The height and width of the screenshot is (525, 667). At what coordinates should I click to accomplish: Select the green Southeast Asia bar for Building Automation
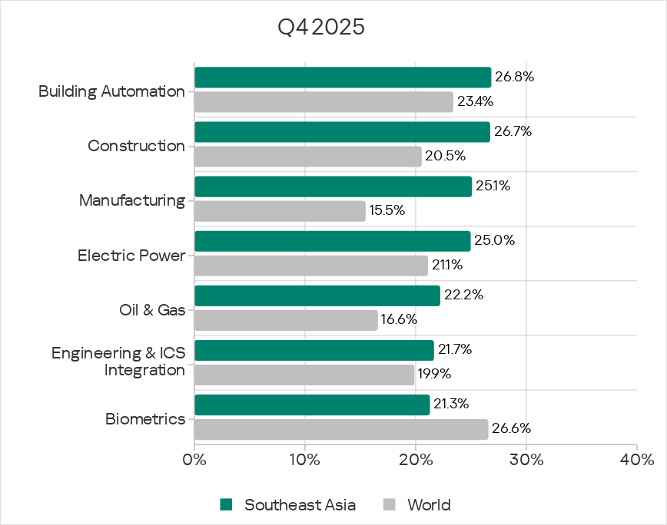[343, 78]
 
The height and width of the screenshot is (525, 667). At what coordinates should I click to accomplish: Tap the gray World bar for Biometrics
[341, 430]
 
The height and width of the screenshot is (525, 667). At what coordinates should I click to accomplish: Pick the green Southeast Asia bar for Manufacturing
[333, 187]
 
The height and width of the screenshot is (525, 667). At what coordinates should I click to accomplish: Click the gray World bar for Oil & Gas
[286, 320]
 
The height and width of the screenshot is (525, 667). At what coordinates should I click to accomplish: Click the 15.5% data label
[387, 210]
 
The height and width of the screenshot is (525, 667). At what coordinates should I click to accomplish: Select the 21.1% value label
[449, 265]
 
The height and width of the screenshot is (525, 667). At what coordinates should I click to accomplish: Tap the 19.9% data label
[433, 375]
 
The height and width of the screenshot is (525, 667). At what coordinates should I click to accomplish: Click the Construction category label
[136, 146]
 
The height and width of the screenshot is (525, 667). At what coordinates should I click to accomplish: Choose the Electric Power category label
[131, 255]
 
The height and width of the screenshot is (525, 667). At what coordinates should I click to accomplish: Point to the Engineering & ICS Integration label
[118, 362]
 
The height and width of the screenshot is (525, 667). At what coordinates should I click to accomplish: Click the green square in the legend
[226, 504]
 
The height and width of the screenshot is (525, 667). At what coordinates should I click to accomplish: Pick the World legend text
[429, 504]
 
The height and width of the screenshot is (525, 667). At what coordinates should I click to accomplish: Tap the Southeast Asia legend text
[300, 504]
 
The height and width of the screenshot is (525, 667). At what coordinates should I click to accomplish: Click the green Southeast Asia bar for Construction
[342, 132]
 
